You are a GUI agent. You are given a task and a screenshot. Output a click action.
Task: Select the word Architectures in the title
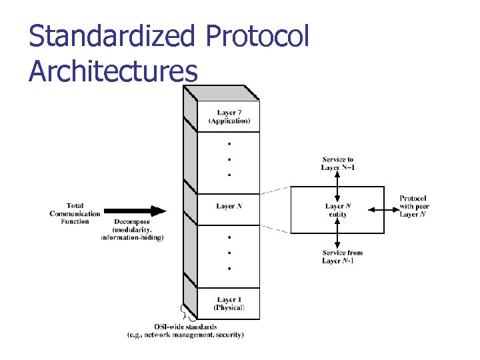coord(113,70)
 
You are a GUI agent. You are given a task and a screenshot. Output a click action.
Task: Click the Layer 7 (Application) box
coord(229,117)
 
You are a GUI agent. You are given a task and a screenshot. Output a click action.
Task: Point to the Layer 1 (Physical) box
coord(229,304)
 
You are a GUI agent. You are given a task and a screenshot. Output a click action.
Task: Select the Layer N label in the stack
coord(229,207)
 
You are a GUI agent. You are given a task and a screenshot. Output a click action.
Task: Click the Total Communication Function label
coord(75,213)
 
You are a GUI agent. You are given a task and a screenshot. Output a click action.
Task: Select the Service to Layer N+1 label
coord(338,163)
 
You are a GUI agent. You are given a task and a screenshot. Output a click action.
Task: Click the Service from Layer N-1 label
coord(342,257)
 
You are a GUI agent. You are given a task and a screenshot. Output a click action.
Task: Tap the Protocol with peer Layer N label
coord(413,206)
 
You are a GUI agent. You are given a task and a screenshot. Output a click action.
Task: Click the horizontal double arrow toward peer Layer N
coord(382,210)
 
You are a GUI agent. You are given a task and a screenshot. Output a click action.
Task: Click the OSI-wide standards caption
coord(185,331)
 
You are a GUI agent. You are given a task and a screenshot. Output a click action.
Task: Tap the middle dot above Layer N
coord(229,159)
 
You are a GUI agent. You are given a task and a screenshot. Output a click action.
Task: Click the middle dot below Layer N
coord(229,253)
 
